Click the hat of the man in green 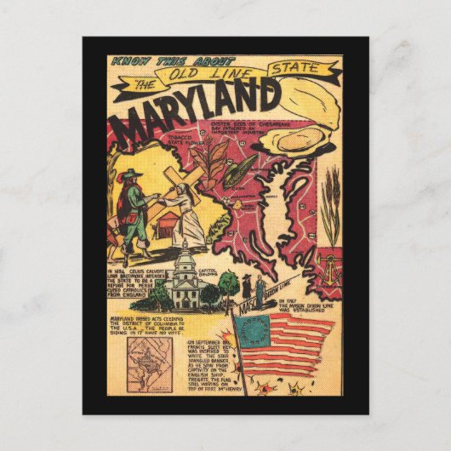coord(129,176)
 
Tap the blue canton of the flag coord(253,335)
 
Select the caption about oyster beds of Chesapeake coord(248,128)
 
